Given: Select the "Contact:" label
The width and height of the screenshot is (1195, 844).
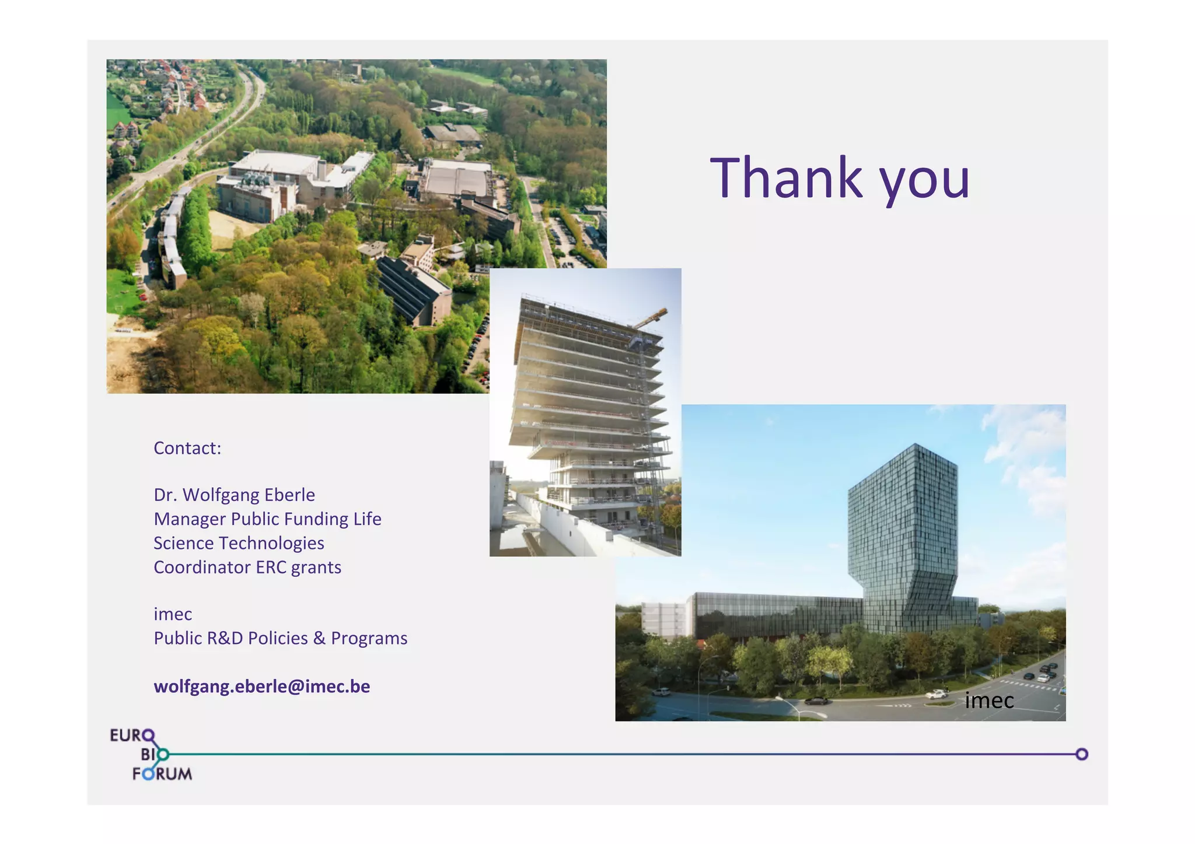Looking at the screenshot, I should [x=187, y=448].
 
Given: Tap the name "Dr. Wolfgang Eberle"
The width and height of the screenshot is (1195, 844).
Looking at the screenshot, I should [x=234, y=495].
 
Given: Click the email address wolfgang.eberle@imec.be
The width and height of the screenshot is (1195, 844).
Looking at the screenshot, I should [x=261, y=686].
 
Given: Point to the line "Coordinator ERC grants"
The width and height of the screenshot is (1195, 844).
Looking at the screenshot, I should [x=247, y=567].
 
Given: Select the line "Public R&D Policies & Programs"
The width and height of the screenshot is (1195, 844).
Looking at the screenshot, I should [x=280, y=638].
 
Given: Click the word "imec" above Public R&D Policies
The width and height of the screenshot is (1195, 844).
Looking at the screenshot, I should [x=173, y=614].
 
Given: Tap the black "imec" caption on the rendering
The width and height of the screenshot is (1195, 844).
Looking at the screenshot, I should [x=989, y=701].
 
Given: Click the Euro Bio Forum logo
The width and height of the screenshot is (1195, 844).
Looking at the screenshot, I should [x=151, y=754].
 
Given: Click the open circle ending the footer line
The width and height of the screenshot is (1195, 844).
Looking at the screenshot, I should [x=1081, y=754].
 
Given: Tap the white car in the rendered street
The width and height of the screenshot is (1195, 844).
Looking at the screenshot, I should [x=936, y=694].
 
